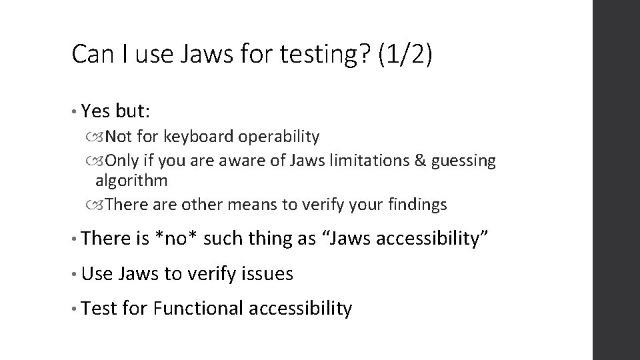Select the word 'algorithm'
131,181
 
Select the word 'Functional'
199,308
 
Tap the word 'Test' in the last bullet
101,308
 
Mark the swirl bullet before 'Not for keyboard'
100,137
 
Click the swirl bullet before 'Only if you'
100,161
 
